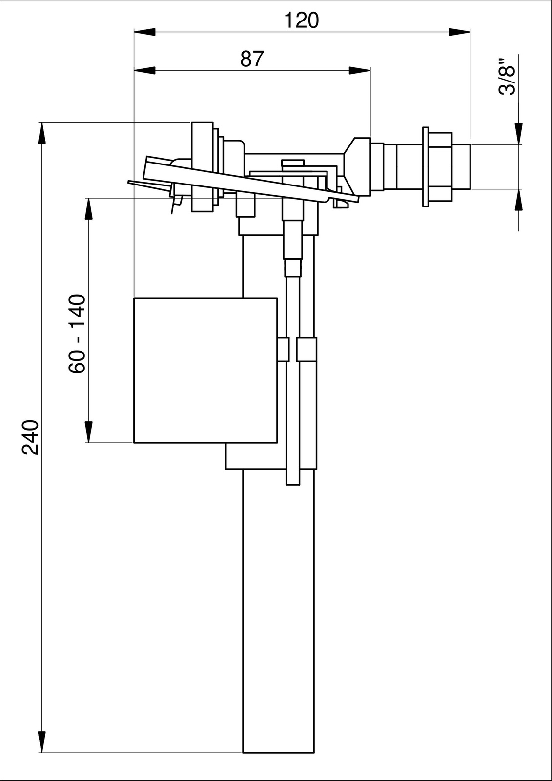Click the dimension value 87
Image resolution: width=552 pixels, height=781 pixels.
[252, 59]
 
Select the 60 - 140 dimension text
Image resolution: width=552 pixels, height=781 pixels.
[77, 334]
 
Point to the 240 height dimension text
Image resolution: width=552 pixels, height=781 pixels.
[30, 437]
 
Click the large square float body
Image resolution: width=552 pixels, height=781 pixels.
[205, 370]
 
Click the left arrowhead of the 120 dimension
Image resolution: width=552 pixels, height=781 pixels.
[145, 32]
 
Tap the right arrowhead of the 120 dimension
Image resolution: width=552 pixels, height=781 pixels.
[459, 32]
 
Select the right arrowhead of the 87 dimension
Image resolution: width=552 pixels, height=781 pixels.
[360, 70]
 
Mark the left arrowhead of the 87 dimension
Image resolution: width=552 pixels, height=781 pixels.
[145, 70]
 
